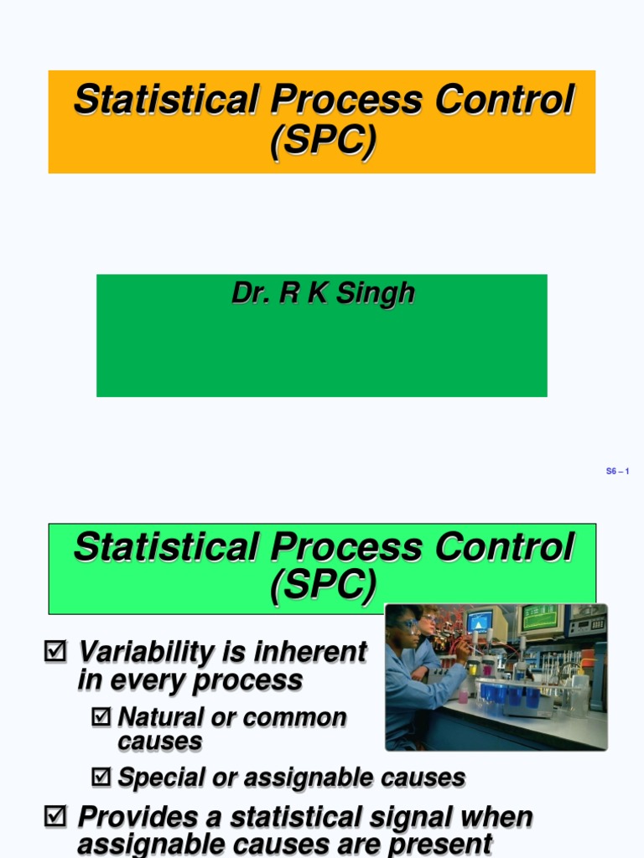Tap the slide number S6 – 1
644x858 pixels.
(617, 472)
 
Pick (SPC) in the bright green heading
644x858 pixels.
(323, 586)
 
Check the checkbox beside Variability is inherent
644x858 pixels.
(55, 651)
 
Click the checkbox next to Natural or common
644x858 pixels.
(101, 717)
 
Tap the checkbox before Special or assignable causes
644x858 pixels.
(101, 778)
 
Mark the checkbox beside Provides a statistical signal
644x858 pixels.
(55, 817)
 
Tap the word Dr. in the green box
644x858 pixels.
(249, 294)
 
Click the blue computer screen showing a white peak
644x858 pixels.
(479, 622)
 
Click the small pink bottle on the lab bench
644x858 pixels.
(464, 696)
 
